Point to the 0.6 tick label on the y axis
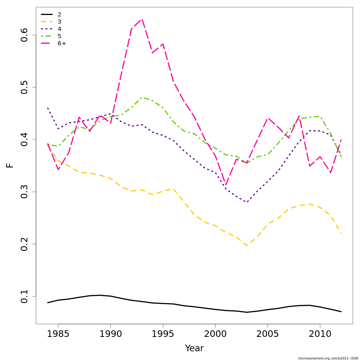tap(25, 35)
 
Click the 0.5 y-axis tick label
tap(25, 87)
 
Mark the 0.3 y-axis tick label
tap(25, 192)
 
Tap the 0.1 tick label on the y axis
tap(25, 296)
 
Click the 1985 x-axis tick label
tap(58, 334)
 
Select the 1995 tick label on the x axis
tap(163, 334)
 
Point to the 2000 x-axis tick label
tap(215, 334)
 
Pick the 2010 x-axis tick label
tap(320, 334)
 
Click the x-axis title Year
tap(194, 348)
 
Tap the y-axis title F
tap(10, 165)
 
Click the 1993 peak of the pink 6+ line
tap(142, 19)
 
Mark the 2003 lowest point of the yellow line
tap(247, 246)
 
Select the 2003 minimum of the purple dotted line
tap(247, 202)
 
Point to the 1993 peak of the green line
tap(142, 97)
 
